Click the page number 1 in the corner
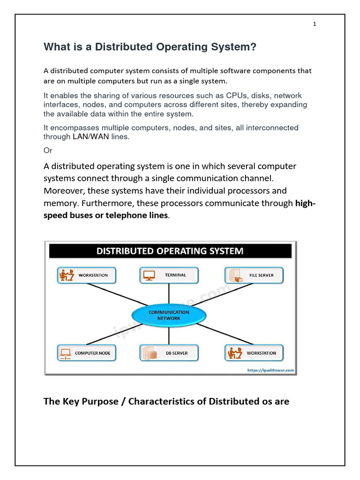click(315, 24)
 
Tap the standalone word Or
click(48, 150)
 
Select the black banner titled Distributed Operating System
click(170, 251)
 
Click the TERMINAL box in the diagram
click(169, 275)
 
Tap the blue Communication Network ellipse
click(168, 315)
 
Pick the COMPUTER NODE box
click(86, 353)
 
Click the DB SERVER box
click(169, 353)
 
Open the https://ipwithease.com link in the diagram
click(270, 370)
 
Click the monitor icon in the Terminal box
click(149, 275)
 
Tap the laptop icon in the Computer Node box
click(66, 353)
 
